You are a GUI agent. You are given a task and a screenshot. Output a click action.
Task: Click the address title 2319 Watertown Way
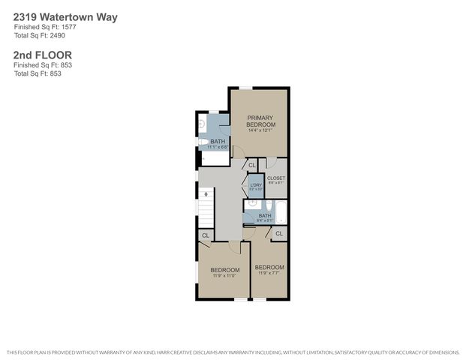tap(65, 16)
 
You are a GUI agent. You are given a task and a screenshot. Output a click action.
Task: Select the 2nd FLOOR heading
tap(42, 55)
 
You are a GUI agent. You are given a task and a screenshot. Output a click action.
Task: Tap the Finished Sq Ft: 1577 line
tap(44, 27)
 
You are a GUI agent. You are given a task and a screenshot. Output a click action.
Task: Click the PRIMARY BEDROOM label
tap(260, 121)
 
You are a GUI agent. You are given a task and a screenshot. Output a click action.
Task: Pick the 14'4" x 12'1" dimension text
tap(260, 131)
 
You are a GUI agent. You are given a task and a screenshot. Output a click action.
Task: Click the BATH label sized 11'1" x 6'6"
tap(218, 141)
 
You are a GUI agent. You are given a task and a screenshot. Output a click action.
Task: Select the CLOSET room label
tap(276, 178)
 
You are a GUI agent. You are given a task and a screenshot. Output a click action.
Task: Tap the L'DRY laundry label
tap(255, 185)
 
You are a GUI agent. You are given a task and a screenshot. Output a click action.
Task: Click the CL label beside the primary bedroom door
tap(252, 165)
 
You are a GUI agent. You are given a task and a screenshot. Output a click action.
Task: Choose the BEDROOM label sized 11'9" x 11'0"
tap(224, 270)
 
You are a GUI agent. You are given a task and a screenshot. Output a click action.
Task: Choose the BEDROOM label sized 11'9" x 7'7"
tap(269, 268)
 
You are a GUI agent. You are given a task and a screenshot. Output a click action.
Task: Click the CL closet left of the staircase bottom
tap(205, 235)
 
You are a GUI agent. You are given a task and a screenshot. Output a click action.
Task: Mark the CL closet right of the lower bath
tap(278, 234)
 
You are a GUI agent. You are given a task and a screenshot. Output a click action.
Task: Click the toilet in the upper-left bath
tap(203, 141)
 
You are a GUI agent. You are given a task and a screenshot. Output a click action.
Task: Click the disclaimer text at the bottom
tap(233, 352)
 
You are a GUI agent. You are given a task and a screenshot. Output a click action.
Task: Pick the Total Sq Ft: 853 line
tap(37, 73)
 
